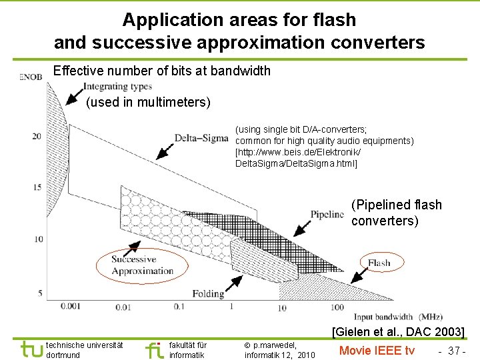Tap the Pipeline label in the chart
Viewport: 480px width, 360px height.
327,214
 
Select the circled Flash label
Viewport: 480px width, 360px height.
379,263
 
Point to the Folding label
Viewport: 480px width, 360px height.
207,293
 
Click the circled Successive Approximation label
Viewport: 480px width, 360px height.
142,265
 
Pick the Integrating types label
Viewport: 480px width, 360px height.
117,87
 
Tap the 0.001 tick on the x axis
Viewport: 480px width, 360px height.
71,307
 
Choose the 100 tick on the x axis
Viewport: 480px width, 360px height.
337,308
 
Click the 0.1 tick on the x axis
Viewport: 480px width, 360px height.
179,307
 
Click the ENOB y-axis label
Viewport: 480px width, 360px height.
31,78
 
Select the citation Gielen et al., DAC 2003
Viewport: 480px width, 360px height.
398,331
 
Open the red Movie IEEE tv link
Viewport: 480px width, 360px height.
377,351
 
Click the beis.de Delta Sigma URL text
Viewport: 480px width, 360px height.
297,158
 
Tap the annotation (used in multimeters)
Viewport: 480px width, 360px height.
148,102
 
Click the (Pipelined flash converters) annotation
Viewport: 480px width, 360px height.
396,213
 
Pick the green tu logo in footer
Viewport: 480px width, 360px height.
31,350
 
